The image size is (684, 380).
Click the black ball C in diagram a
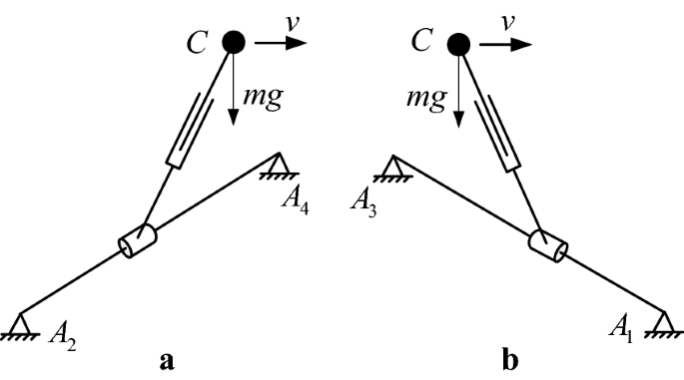[x=234, y=42]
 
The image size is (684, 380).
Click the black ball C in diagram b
[x=458, y=43]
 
